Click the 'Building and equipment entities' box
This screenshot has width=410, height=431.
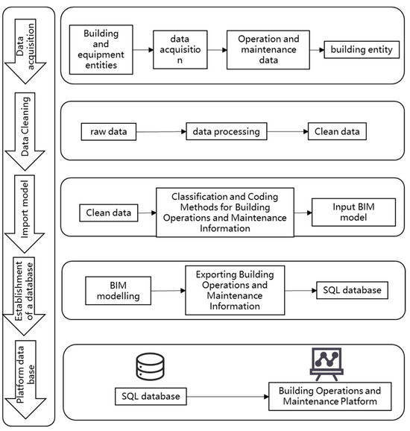click(x=101, y=50)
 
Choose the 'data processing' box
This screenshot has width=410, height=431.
click(x=226, y=132)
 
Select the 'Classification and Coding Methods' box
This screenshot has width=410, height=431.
click(x=224, y=213)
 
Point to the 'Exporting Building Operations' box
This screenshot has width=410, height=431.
click(x=225, y=291)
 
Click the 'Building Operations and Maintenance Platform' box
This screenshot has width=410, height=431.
click(x=329, y=396)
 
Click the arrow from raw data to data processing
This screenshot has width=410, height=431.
click(x=159, y=133)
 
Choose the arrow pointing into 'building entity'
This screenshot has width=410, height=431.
click(x=313, y=50)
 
